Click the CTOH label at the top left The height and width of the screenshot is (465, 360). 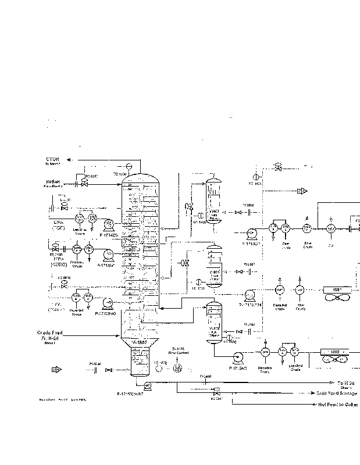[x=54, y=159]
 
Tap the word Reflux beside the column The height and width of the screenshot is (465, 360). [x=53, y=182]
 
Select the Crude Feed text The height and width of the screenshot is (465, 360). [x=49, y=333]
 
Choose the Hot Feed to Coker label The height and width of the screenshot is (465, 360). [x=338, y=404]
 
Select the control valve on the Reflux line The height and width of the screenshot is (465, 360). [x=84, y=181]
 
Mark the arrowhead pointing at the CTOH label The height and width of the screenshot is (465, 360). [x=69, y=159]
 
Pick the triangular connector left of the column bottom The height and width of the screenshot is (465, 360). [x=56, y=369]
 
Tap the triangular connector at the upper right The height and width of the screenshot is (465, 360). [x=301, y=191]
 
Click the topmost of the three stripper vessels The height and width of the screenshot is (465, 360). [x=213, y=199]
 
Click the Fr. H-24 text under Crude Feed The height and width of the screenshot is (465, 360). [x=49, y=338]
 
